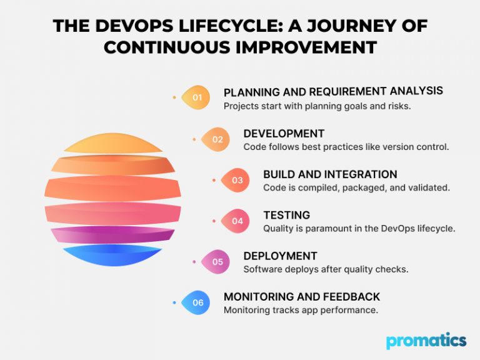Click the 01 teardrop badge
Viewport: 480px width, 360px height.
[196, 97]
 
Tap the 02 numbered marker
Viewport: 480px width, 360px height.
[216, 139]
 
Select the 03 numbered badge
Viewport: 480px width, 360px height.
[236, 180]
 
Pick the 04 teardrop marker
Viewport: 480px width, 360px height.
[236, 221]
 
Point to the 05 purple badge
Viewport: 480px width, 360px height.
[216, 262]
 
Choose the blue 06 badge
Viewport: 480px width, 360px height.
[196, 302]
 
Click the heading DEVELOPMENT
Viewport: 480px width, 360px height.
[284, 134]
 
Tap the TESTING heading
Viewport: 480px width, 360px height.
[286, 215]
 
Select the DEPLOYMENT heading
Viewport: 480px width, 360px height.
[280, 256]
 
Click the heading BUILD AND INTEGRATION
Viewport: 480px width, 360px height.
[330, 174]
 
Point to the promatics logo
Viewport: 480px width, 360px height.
[426, 341]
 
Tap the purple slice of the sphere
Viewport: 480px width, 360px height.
[113, 235]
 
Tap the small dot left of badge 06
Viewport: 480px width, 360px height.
[174, 302]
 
